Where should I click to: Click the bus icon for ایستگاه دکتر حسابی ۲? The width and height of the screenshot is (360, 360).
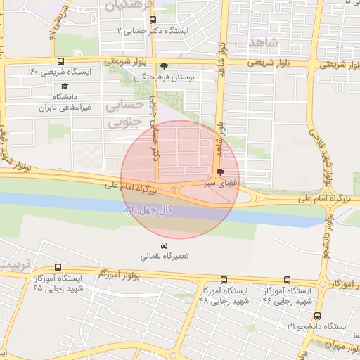pyautogui.click(x=153, y=20)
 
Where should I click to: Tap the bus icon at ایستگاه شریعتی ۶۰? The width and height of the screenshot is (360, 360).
pyautogui.click(x=60, y=61)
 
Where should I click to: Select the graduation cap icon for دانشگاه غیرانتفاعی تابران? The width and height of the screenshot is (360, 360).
pyautogui.click(x=55, y=86)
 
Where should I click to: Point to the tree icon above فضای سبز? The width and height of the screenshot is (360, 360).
pyautogui.click(x=221, y=172)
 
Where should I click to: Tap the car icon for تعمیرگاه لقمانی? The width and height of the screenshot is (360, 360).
pyautogui.click(x=164, y=246)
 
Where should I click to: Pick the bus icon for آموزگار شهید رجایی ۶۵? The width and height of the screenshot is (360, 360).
pyautogui.click(x=58, y=267)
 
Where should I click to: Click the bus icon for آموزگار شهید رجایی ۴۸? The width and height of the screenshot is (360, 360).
pyautogui.click(x=224, y=280)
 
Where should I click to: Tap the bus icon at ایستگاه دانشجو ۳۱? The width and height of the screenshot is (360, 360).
pyautogui.click(x=317, y=316)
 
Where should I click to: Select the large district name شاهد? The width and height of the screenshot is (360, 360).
pyautogui.click(x=264, y=42)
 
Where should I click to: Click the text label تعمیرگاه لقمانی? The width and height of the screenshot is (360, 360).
pyautogui.click(x=164, y=257)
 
